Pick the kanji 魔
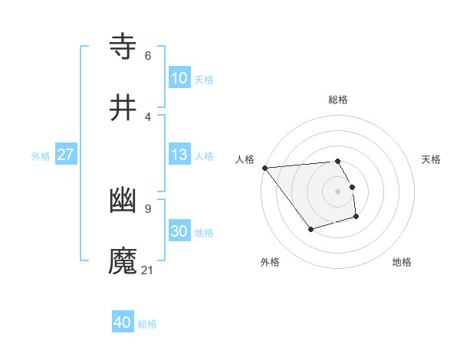pyautogui.click(x=123, y=260)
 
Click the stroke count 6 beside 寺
pyautogui.click(x=148, y=55)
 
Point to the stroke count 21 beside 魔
pyautogui.click(x=148, y=270)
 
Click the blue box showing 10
pyautogui.click(x=179, y=77)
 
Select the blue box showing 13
pyautogui.click(x=179, y=155)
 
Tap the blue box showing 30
pyautogui.click(x=179, y=231)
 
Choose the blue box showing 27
pyautogui.click(x=65, y=155)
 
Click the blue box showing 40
pyautogui.click(x=123, y=322)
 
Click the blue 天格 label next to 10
pyautogui.click(x=204, y=79)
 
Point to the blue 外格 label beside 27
pyautogui.click(x=41, y=156)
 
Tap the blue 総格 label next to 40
pyautogui.click(x=147, y=324)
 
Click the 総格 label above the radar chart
pyautogui.click(x=338, y=100)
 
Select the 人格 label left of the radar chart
pyautogui.click(x=245, y=159)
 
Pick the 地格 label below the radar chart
pyautogui.click(x=402, y=262)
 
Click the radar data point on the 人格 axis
pyautogui.click(x=264, y=168)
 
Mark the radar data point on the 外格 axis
pyautogui.click(x=310, y=229)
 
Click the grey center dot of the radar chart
pyautogui.click(x=338, y=191)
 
